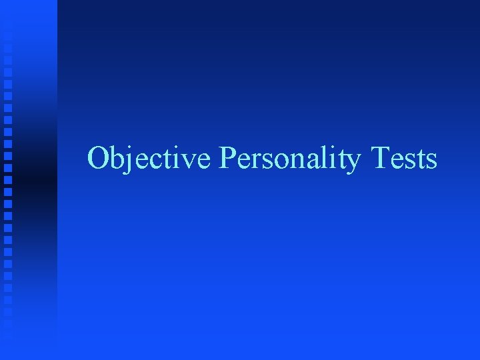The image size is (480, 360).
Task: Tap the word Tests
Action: point(405,159)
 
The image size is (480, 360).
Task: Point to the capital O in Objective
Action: point(98,159)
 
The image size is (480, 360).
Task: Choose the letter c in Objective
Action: point(148,161)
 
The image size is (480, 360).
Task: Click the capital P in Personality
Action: point(227,159)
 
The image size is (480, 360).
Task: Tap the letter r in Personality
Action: point(251,161)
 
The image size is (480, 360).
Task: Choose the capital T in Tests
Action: point(385,159)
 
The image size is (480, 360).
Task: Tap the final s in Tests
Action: point(431,161)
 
